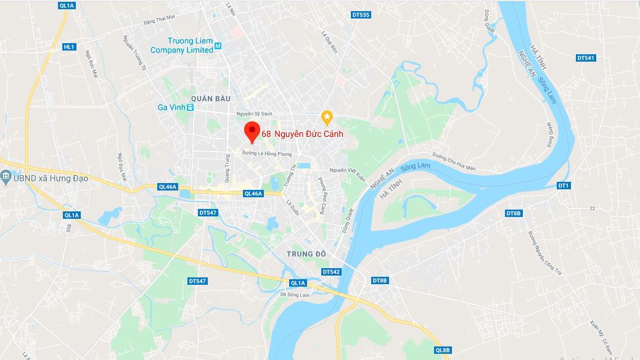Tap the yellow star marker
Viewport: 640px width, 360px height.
click(x=327, y=116)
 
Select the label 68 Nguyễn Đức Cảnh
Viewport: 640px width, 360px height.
click(x=302, y=133)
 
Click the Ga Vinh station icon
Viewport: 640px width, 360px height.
click(x=191, y=107)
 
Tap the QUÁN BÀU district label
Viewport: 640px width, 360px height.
click(x=211, y=98)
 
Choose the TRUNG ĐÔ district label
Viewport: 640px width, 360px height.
click(x=305, y=254)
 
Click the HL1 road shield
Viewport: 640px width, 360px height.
click(x=69, y=47)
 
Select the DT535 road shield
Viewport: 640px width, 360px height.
click(x=361, y=15)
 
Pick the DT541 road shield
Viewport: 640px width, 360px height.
click(x=586, y=58)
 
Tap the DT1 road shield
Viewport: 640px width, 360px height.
click(x=564, y=185)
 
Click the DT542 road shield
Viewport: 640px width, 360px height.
click(x=331, y=272)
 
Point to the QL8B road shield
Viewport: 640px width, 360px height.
click(x=443, y=350)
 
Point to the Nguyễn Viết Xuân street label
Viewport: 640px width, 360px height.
click(x=347, y=170)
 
